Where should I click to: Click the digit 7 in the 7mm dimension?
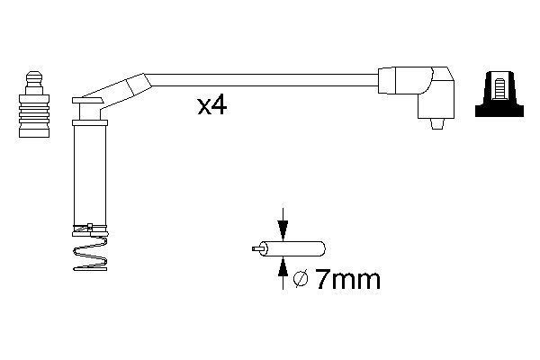pyautogui.click(x=324, y=280)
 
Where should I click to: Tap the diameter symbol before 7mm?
pyautogui.click(x=301, y=281)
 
